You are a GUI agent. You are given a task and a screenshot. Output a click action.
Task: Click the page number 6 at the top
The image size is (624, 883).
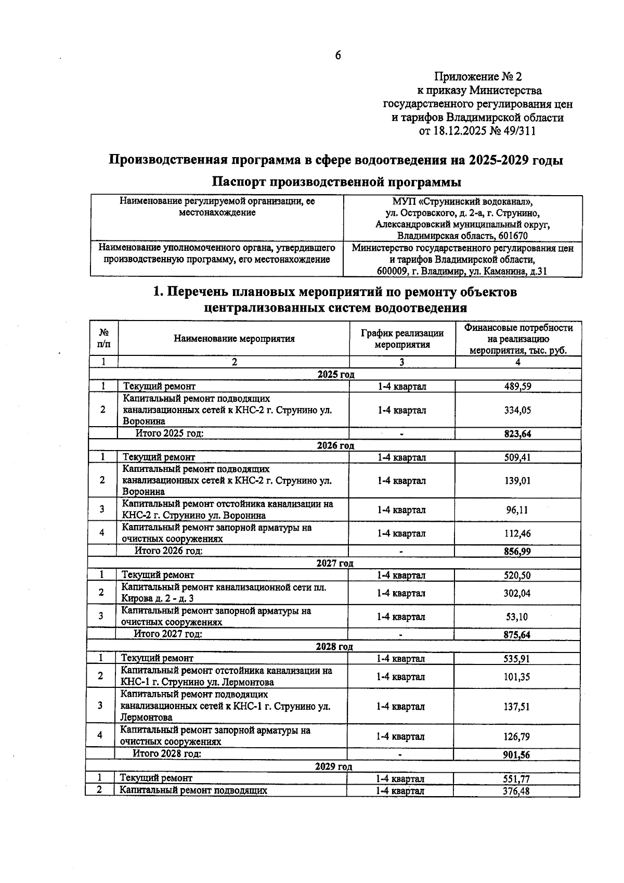tap(337, 56)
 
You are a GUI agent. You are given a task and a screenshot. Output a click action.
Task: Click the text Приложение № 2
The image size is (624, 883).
tap(477, 77)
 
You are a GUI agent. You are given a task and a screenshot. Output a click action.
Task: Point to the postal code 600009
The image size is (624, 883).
tap(394, 271)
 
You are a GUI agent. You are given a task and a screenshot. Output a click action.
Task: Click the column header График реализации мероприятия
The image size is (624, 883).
tap(402, 339)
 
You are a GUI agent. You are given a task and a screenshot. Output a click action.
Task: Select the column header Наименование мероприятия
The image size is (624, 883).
tap(234, 339)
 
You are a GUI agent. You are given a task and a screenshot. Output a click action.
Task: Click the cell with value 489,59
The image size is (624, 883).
tap(517, 387)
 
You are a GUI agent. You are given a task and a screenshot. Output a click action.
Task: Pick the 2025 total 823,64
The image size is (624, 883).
tap(517, 434)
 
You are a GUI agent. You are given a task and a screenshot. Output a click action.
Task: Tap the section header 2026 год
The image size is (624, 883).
tap(335, 445)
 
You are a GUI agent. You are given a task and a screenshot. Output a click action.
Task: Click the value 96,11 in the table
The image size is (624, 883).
tap(517, 510)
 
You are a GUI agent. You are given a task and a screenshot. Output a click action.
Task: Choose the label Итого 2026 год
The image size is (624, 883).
tap(168, 551)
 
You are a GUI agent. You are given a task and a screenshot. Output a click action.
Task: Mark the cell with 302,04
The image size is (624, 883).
tap(517, 593)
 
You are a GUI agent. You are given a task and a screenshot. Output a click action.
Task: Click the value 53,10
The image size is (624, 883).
tap(517, 617)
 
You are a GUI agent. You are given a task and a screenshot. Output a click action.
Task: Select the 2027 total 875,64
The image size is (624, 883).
tap(517, 635)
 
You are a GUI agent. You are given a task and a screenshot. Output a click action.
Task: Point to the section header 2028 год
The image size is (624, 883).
tap(334, 647)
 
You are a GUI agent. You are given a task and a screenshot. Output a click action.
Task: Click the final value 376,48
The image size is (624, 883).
tap(516, 791)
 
